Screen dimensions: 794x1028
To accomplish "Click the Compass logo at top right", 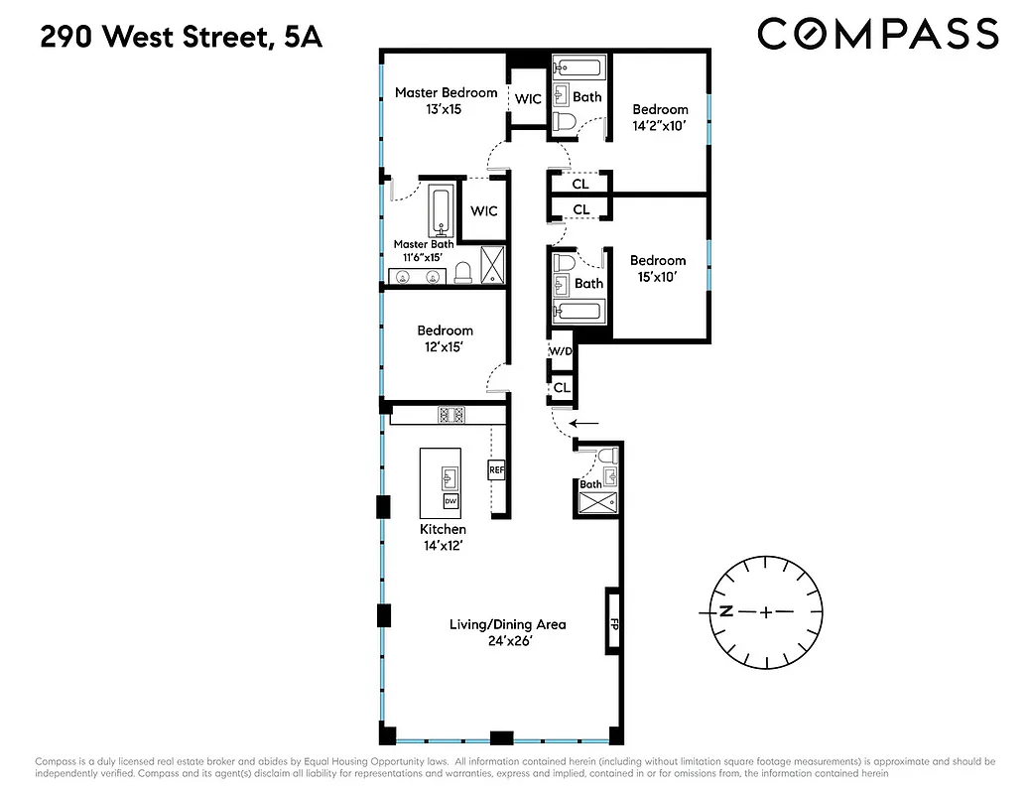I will pos(877,34).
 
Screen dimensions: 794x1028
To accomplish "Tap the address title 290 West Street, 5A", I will pos(182,39).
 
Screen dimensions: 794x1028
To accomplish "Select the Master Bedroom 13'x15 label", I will pos(446,100).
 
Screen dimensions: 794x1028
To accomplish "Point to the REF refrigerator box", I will pos(496,469).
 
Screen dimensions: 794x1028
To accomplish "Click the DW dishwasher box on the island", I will pos(450,502).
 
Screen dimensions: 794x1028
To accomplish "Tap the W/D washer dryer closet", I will pos(561,351).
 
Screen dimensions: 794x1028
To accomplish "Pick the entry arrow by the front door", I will pos(585,423).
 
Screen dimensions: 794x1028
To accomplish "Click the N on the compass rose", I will pos(725,611).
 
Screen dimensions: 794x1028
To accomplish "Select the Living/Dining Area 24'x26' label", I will pos(507,632).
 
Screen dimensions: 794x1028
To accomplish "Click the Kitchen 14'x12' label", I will pos(443,537).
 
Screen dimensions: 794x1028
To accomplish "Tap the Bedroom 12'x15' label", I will pos(445,338).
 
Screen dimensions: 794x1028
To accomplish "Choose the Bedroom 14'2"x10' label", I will pos(660,117).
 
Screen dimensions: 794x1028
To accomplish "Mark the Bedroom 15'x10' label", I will pos(658,269).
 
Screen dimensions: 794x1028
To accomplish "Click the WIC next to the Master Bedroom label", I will pos(528,98).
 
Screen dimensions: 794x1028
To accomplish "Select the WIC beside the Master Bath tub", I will pos(483,210).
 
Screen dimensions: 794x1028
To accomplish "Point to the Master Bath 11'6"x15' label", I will pos(424,250).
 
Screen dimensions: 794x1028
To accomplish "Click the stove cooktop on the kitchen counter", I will pos(451,415).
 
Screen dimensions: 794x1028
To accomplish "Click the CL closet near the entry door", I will pos(562,388).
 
